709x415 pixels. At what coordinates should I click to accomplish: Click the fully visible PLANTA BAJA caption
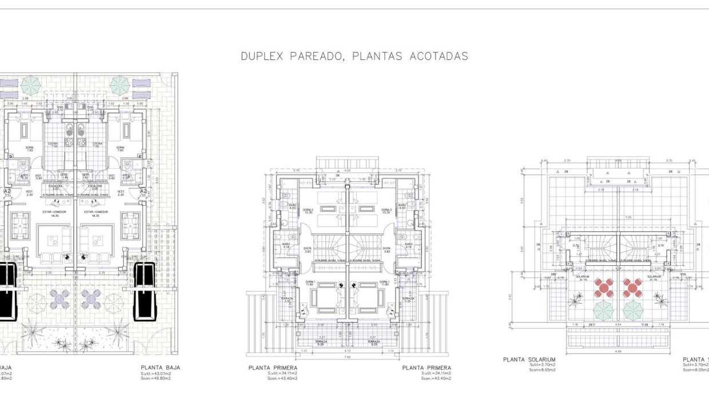160,368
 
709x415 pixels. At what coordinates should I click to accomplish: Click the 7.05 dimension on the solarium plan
612,217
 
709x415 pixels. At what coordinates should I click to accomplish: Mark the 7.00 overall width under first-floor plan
347,357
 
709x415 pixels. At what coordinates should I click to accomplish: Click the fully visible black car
144,293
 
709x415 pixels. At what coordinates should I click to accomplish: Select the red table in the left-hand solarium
603,288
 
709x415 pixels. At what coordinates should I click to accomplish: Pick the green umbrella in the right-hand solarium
633,310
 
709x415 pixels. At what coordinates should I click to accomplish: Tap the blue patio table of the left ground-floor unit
61,298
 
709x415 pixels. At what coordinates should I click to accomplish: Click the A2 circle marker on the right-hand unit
144,191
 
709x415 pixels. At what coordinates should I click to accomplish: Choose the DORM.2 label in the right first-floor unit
387,210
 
